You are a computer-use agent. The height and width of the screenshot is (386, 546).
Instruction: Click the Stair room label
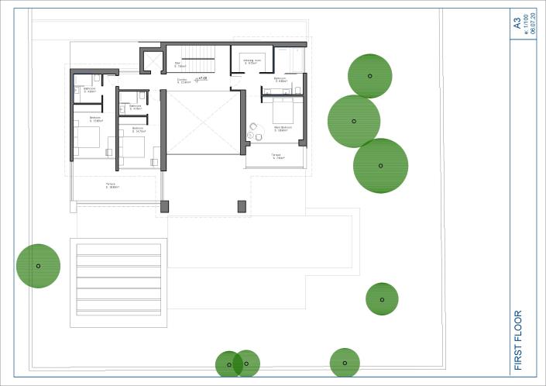pyautogui.click(x=177, y=66)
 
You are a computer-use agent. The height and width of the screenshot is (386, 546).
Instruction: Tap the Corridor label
pyautogui.click(x=183, y=80)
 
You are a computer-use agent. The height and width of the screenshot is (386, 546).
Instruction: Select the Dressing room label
pyautogui.click(x=251, y=61)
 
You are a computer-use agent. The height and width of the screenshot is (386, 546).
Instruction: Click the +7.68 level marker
pyautogui.click(x=203, y=78)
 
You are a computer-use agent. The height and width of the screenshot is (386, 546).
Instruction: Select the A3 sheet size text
pyautogui.click(x=517, y=24)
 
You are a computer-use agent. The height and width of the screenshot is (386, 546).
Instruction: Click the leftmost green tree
pyautogui.click(x=38, y=266)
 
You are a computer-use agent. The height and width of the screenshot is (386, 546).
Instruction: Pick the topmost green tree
pyautogui.click(x=369, y=75)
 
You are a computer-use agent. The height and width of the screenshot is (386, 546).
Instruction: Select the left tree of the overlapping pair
pyautogui.click(x=229, y=364)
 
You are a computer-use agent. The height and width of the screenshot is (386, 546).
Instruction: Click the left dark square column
pyautogui.click(x=164, y=206)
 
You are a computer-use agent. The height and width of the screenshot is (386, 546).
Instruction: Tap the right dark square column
pyautogui.click(x=242, y=206)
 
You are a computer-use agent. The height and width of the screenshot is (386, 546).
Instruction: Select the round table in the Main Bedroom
pyautogui.click(x=249, y=136)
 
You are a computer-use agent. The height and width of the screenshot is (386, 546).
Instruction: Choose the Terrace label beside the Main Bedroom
pyautogui.click(x=276, y=157)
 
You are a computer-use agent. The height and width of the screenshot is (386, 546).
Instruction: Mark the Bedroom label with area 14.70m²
pyautogui.click(x=139, y=129)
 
